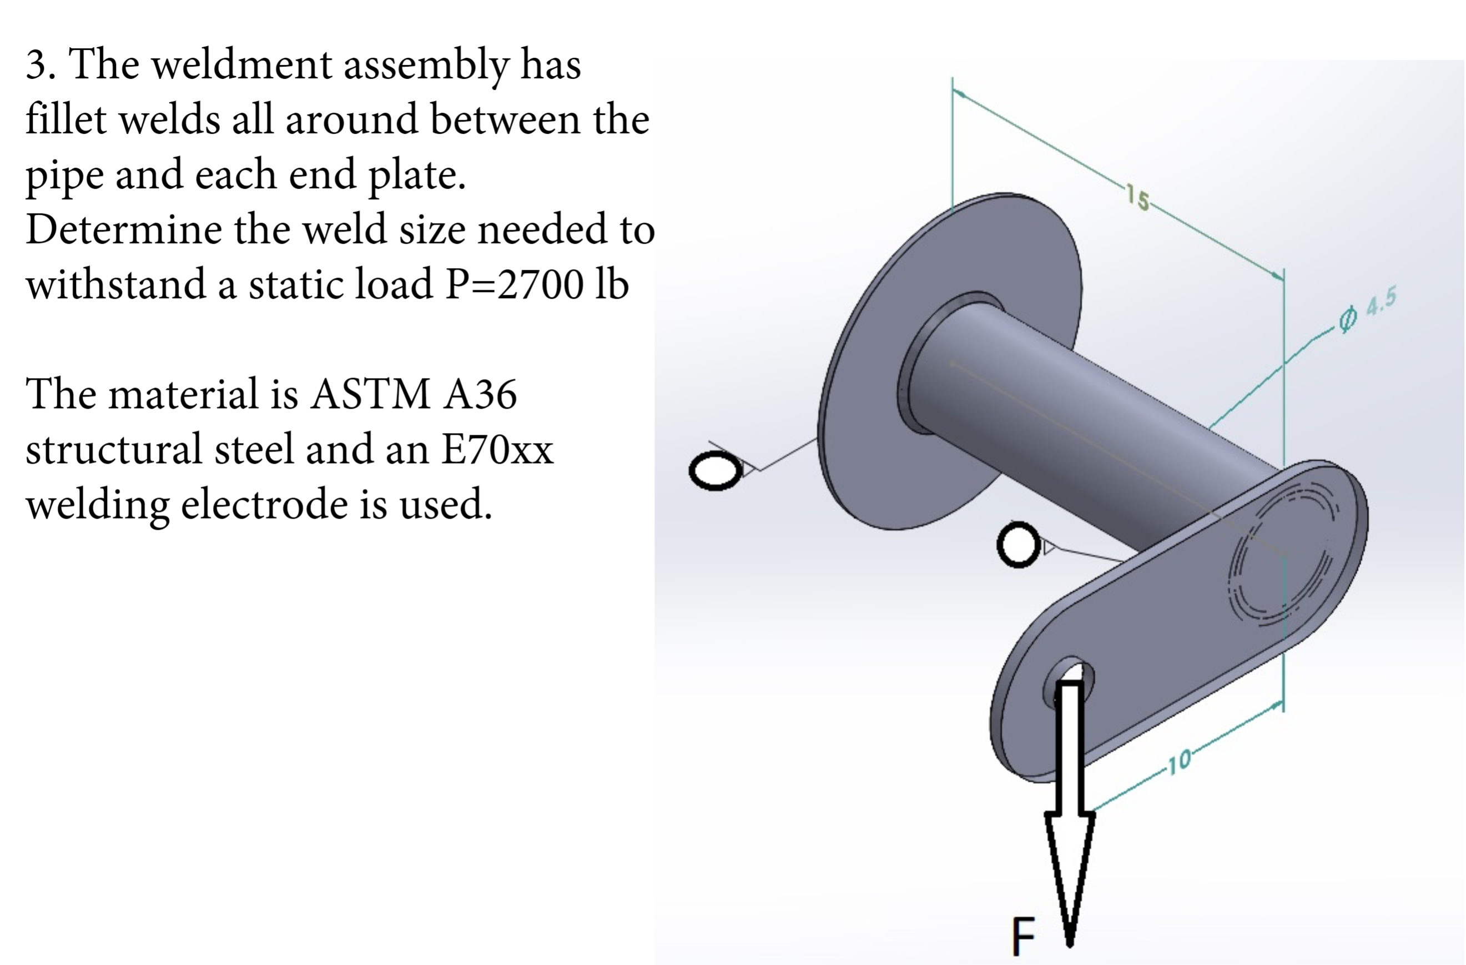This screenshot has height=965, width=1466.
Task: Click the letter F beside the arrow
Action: (1024, 936)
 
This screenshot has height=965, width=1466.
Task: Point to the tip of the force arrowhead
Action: (1070, 942)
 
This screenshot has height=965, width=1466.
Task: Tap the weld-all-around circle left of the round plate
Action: (716, 470)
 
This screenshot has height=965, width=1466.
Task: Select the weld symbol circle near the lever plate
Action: (1018, 544)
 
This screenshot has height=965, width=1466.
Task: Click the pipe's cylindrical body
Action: (1084, 425)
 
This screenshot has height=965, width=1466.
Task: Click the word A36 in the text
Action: (480, 394)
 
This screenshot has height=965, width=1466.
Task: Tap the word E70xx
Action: (496, 449)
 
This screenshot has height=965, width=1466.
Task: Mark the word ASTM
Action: (370, 394)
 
